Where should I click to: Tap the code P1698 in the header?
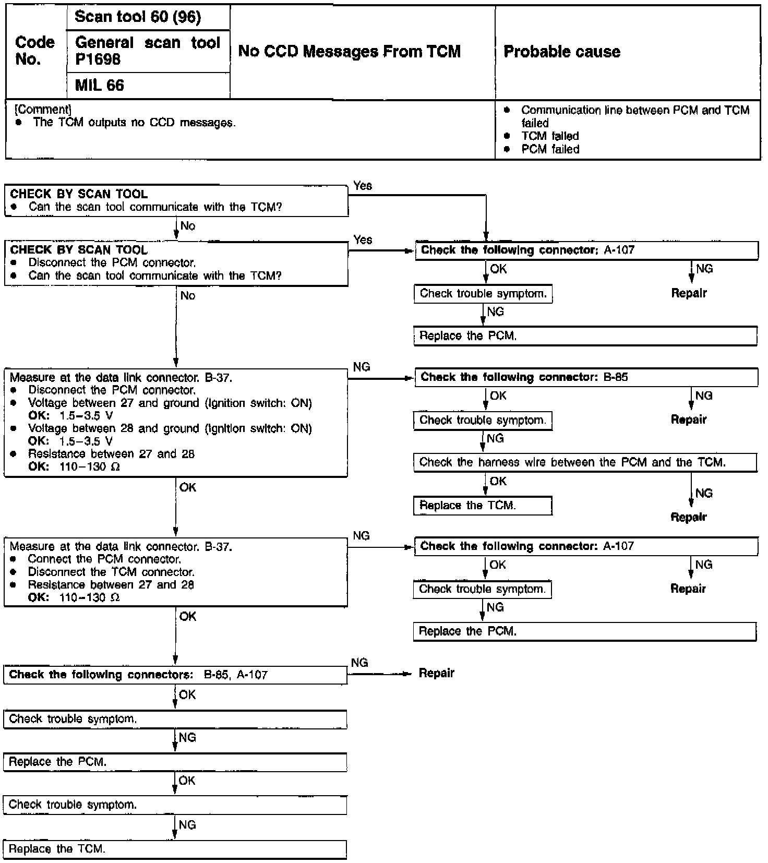coord(98,60)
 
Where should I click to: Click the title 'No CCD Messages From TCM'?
coord(349,52)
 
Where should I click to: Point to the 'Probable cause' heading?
coord(562,52)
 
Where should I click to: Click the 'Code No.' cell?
coord(35,51)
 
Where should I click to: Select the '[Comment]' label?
coord(43,110)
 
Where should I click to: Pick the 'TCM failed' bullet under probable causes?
coord(550,136)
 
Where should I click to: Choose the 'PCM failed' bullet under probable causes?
coord(550,149)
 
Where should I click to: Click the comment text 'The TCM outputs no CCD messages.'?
coord(134,123)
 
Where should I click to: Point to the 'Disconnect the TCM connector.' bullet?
coord(111,572)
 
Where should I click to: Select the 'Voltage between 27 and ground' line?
coord(170,403)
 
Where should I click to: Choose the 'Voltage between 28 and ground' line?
coord(170,428)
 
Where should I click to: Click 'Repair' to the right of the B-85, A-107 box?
coord(437,673)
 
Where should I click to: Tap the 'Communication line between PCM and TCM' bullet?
coord(634,111)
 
